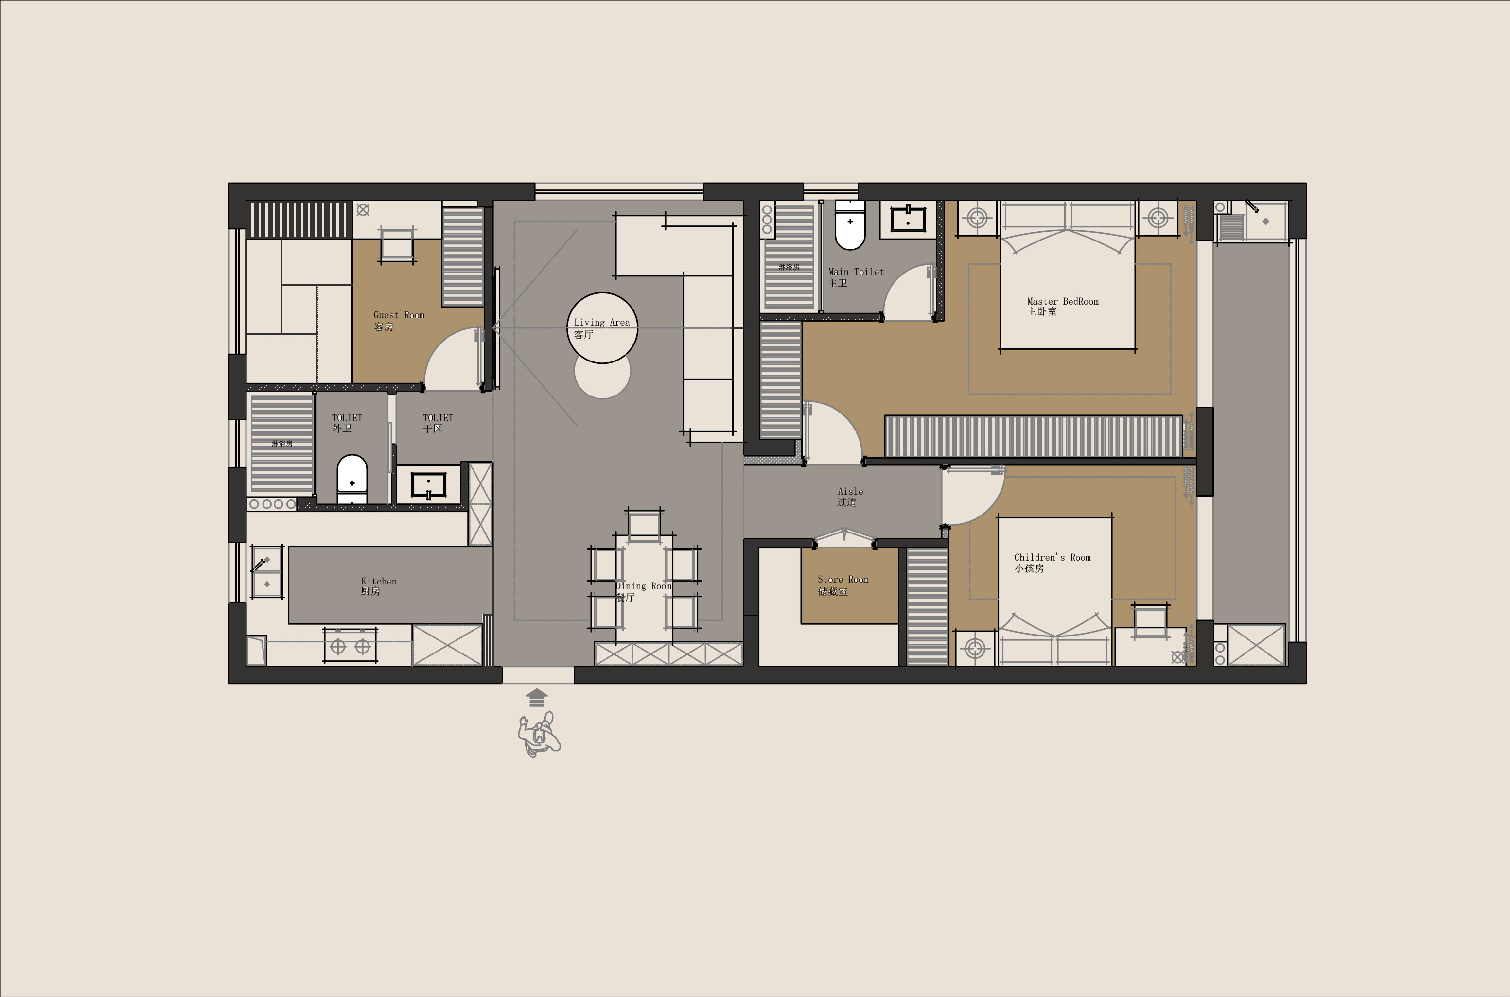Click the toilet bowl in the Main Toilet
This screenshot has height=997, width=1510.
coord(850,226)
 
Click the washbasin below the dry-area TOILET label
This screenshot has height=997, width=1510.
coord(429,486)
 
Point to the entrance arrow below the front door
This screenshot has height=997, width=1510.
coord(537,698)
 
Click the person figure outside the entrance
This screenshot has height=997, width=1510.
coord(539,735)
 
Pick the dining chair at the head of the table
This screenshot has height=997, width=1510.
coord(644,525)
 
